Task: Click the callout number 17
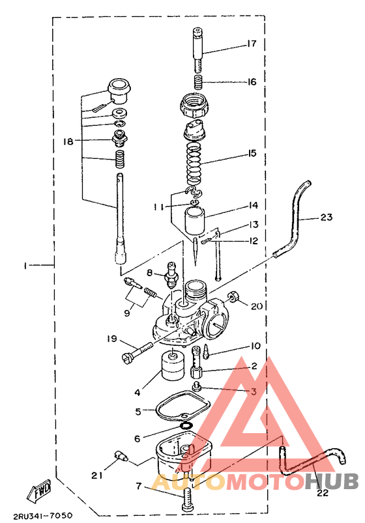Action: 251,44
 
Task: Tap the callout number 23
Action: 327,217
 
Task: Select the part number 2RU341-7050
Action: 43,516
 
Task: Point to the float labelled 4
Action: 172,366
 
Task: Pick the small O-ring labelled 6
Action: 186,425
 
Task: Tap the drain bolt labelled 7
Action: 186,499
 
